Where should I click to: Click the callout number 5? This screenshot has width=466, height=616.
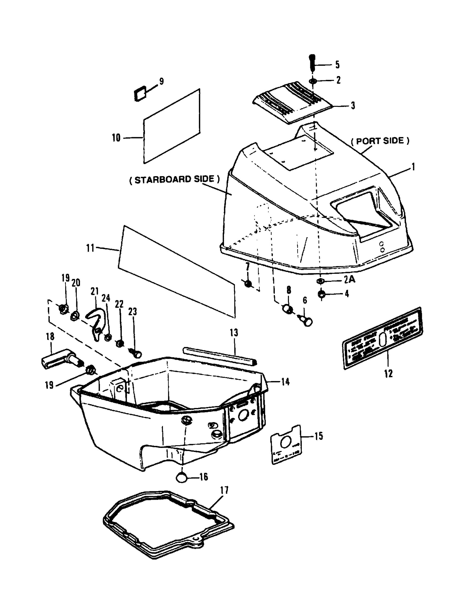pyautogui.click(x=337, y=65)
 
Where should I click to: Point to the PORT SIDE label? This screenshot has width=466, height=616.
pyautogui.click(x=380, y=141)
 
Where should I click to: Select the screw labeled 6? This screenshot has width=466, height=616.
pyautogui.click(x=306, y=321)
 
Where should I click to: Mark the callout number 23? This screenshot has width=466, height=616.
pyautogui.click(x=133, y=312)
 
